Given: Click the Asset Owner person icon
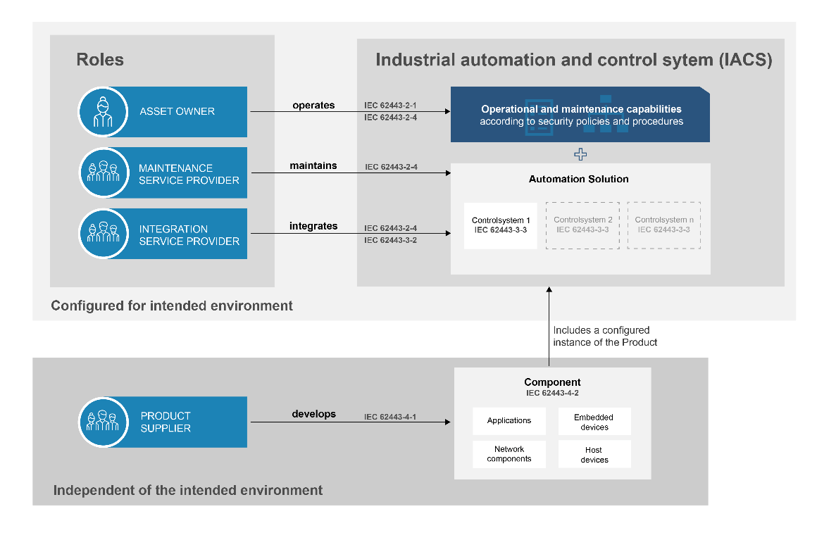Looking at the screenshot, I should coord(103,111).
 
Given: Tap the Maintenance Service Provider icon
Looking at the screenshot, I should coord(103,172).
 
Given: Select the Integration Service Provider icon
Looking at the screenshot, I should coord(103,233).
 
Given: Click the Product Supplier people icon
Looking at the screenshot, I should coord(103,422).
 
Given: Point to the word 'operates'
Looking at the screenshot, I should coord(313,105).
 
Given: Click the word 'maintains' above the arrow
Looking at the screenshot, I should coord(313,166).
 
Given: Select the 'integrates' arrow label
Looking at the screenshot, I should coord(313,227).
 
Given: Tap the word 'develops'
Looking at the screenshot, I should coord(313,414).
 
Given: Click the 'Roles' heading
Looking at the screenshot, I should coord(100,60).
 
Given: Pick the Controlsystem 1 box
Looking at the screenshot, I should coord(501,225).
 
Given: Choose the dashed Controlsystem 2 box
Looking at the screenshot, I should coord(582,225).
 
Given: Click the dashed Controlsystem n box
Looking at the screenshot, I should coord(663,225).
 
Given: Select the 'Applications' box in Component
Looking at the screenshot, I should coord(509,420).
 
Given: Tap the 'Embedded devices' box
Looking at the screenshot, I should coord(594,422).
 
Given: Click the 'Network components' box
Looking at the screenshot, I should coord(509,454).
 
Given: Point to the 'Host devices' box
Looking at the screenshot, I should coord(594,455).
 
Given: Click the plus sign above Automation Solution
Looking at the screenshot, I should coord(580,154).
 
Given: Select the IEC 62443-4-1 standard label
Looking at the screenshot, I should coord(390,417).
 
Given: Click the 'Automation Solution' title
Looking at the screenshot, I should coord(579,179).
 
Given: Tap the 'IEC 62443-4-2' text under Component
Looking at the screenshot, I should coord(552,394).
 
